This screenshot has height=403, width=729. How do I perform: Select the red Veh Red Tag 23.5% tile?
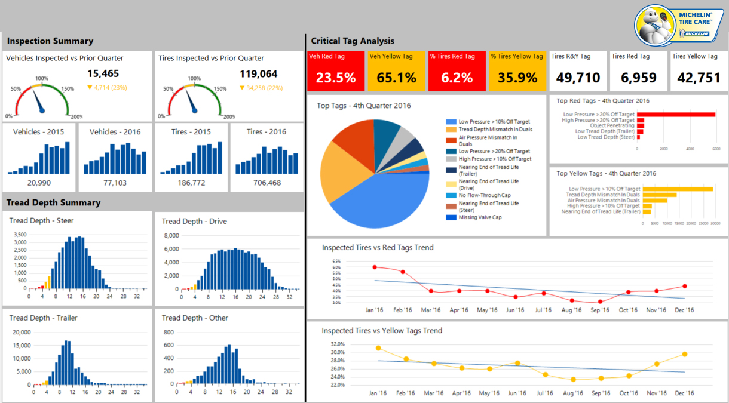click(335, 70)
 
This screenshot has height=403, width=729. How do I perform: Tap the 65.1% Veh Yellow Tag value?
click(396, 78)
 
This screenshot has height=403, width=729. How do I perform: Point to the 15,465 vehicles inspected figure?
click(103, 74)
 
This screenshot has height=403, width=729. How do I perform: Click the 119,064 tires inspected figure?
click(258, 74)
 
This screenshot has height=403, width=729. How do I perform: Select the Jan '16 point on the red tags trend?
click(375, 267)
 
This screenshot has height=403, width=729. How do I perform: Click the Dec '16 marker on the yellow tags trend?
click(684, 354)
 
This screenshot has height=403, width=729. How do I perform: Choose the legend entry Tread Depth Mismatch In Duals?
click(495, 129)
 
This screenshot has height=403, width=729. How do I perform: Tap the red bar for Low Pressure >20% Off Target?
click(676, 115)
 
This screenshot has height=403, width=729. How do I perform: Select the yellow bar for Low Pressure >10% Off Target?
click(678, 189)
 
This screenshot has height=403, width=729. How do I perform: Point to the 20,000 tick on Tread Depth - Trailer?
click(21, 333)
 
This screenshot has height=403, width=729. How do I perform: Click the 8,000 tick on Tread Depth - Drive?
click(171, 235)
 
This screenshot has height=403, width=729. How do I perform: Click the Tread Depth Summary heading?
click(53, 202)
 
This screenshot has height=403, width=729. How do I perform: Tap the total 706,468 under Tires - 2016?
click(267, 183)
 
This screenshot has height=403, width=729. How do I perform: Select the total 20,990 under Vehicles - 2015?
click(39, 183)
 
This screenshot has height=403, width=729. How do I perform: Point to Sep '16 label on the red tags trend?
click(600, 310)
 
